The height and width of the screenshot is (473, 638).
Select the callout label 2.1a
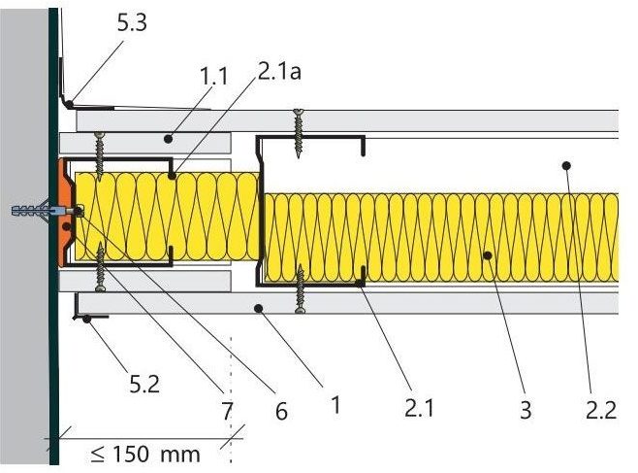pyautogui.click(x=280, y=72)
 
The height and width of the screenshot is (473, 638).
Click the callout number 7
pyautogui.click(x=227, y=412)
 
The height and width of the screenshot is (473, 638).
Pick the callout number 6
pyautogui.click(x=281, y=412)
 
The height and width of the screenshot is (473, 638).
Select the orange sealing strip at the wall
pyautogui.click(x=65, y=212)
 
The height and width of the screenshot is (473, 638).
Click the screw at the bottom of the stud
pyautogui.click(x=302, y=290)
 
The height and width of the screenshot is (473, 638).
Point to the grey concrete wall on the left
pyautogui.click(x=21, y=291)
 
